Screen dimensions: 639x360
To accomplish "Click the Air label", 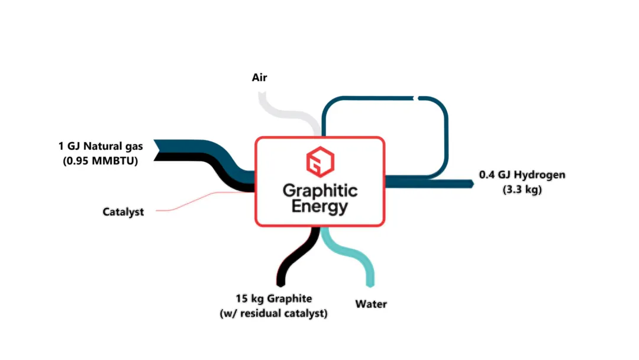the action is pos(259,78).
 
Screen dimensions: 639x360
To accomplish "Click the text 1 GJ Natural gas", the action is pos(101,146).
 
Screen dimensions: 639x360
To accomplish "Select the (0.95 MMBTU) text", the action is pos(100,160).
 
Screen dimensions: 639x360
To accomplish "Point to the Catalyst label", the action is pos(123,212).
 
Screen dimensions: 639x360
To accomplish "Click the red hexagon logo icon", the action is pos(320,162).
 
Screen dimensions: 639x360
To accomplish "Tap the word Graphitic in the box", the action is pos(320,191).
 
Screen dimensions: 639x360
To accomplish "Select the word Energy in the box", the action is pos(320,206).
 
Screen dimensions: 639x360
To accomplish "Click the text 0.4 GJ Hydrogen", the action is pos(522,175).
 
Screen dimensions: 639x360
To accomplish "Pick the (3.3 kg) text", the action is pos(522,189).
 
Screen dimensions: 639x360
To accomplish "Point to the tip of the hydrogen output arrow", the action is pos(473,184).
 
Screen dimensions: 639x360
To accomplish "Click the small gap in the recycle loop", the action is pos(416,98).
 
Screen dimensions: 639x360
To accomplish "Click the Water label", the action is pos(371,304).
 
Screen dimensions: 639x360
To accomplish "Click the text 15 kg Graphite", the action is pos(274,298).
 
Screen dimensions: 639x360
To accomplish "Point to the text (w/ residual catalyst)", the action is pos(273,314).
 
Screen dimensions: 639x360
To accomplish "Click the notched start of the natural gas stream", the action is pos(157,150).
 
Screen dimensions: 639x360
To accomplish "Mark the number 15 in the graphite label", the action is pos(241,298).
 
